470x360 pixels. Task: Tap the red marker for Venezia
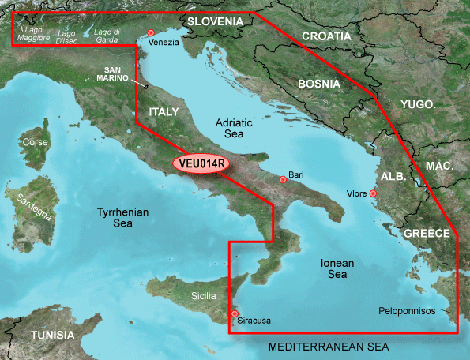click(151, 32)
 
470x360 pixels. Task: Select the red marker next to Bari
click(283, 179)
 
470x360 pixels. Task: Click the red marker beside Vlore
click(373, 193)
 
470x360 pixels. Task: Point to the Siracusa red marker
click(235, 314)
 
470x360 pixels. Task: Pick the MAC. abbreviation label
click(439, 166)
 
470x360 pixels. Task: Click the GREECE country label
click(427, 234)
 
